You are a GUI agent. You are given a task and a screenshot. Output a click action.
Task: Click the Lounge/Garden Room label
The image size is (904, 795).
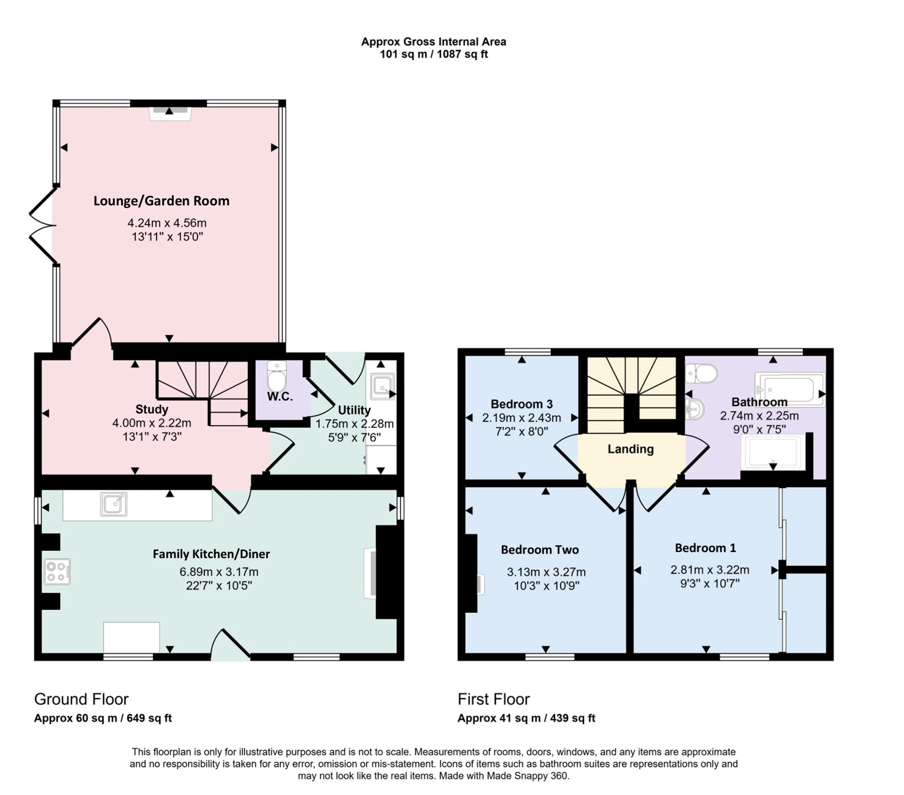[161, 201]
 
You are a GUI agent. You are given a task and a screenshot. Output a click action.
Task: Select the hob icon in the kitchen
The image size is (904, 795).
[57, 572]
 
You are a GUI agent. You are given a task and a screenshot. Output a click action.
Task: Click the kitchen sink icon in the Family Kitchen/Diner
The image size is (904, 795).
[113, 504]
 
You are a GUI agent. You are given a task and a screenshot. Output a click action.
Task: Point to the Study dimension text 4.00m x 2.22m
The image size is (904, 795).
[152, 423]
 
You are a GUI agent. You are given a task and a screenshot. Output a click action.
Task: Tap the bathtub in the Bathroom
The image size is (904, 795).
[790, 389]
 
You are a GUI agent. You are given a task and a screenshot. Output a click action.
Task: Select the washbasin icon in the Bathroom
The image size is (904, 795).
[695, 409]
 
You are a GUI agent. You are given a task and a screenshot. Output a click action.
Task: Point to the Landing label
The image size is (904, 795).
[630, 449]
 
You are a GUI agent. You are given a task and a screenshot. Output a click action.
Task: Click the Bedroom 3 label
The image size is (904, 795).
[521, 404]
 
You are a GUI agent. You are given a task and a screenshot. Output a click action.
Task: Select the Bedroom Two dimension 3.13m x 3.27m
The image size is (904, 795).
[546, 572]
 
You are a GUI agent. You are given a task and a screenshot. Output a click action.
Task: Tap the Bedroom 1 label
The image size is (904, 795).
[705, 548]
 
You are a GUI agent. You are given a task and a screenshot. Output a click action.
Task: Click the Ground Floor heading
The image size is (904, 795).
[81, 699]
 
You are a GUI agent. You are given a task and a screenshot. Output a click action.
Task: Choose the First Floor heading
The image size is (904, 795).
[493, 699]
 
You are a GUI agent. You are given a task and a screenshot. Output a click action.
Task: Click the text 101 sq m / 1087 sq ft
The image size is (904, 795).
[434, 54]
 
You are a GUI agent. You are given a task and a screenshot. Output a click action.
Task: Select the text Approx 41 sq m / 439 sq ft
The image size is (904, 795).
[526, 718]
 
